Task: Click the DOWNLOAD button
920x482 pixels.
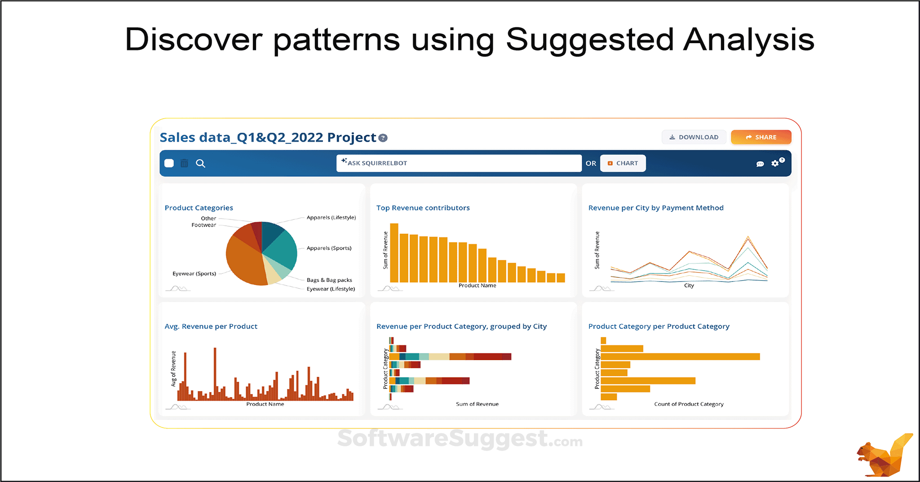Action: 694,137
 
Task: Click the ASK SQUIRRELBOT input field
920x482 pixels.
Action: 458,163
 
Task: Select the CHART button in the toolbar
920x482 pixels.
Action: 623,163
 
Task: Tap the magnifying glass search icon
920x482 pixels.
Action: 200,163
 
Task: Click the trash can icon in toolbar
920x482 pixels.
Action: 184,163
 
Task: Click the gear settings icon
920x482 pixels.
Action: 775,164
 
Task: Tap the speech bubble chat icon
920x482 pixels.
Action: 760,164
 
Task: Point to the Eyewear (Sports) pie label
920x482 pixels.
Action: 194,273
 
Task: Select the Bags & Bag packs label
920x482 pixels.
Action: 329,280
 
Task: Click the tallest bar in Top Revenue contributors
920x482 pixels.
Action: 394,253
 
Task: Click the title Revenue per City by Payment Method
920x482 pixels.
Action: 655,208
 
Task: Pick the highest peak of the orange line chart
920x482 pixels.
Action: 748,237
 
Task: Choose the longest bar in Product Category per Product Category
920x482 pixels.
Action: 680,357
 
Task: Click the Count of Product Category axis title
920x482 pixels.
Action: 689,404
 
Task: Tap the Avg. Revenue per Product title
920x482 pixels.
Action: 211,326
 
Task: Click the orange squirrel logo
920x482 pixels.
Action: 883,456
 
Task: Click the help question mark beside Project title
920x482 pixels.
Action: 383,138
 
